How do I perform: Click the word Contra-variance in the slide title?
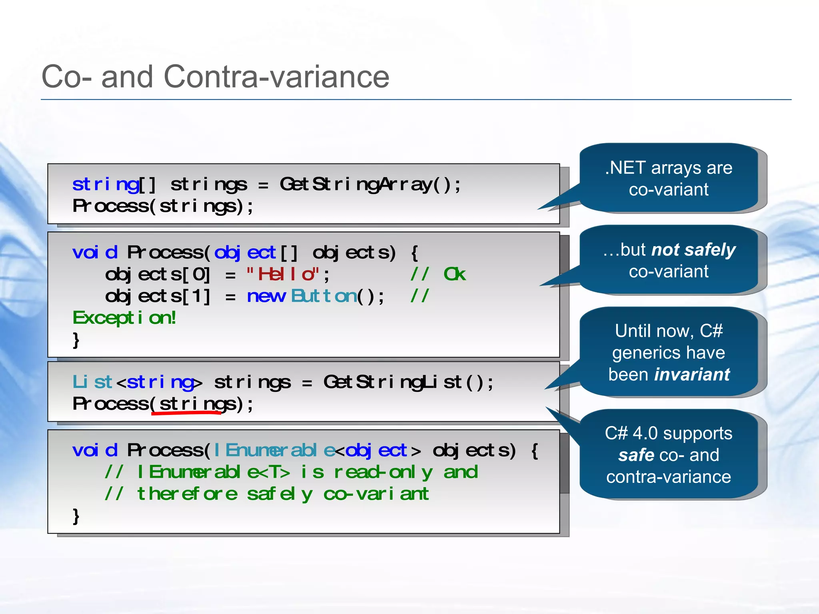coord(276,77)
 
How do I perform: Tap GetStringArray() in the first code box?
coord(370,184)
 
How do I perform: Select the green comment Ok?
coord(455,274)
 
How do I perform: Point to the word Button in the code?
coord(324,296)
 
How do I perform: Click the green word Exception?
coord(124,318)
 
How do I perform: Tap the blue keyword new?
coord(266,296)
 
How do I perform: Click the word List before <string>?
coord(92,382)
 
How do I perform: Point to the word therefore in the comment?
coord(187,494)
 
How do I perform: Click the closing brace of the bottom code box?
coord(76,516)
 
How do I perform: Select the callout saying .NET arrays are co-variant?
coord(669,178)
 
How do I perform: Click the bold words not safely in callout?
coord(693,250)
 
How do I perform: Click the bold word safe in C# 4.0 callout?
coord(636,455)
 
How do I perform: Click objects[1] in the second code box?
coord(158,296)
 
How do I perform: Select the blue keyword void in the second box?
coord(95,253)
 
